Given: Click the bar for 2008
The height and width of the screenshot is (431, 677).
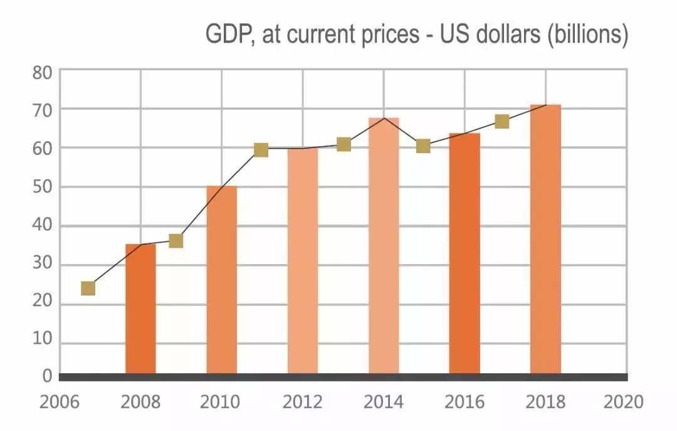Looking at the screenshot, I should pos(140,309).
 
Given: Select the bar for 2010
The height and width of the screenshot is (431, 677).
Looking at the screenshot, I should pos(222,280).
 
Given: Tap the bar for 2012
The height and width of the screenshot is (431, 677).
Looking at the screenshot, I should pos(303,261).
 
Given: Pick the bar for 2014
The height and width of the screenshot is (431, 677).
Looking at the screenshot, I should pos(384,246).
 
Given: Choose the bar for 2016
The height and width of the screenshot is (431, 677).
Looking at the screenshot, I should pos(464,253).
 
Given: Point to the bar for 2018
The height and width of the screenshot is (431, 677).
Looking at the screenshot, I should pos(545,239).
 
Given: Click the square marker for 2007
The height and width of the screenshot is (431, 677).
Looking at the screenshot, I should pos(88,289).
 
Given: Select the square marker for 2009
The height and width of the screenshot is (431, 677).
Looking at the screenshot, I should pos(176,241).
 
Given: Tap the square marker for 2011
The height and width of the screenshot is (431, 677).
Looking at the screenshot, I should pos(261,150).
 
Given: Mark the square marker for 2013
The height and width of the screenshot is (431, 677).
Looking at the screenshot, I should pos(344,145).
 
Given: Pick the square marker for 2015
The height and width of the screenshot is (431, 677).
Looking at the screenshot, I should pos(423,146).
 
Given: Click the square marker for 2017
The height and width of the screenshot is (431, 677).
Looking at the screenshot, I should pos(501,122).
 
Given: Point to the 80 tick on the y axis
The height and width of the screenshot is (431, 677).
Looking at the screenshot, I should pos(43,72).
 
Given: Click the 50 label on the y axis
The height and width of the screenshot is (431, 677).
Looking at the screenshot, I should pos(43,188).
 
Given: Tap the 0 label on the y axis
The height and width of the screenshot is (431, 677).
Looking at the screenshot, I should pos(47,376).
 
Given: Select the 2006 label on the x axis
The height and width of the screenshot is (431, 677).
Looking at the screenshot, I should pos(60,402).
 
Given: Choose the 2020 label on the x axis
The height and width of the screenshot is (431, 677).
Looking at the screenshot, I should pos(624,402).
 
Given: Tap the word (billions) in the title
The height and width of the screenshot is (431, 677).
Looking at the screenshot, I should pos(588,35).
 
